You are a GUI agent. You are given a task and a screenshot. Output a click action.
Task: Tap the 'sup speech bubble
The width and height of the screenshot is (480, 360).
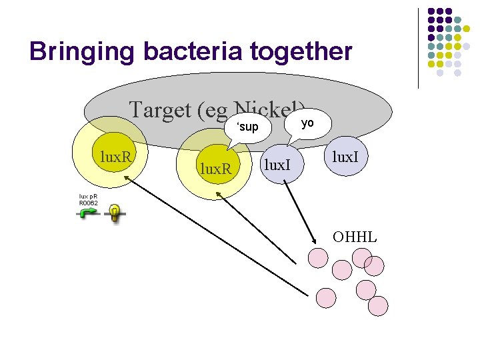point(247,126)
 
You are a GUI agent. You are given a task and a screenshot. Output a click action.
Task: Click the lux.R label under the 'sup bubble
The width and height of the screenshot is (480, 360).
point(216,169)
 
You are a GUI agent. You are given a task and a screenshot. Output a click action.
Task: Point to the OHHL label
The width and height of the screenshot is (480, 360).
point(355,237)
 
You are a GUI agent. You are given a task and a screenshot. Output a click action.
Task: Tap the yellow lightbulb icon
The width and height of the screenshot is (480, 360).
point(115,214)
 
